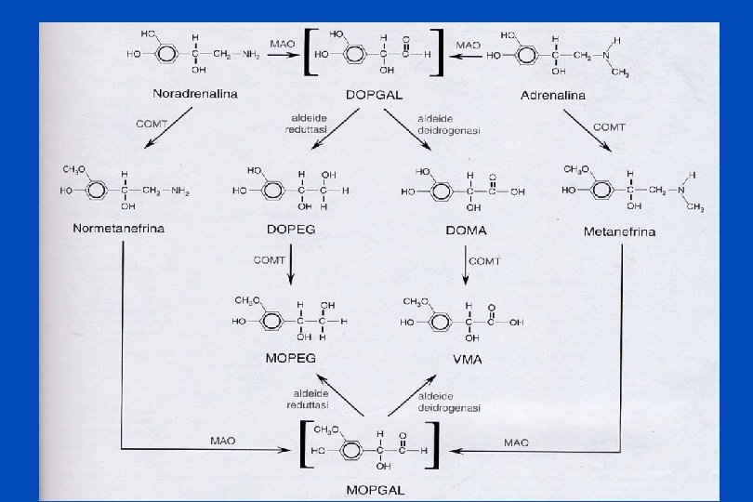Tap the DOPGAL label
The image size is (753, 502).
[x=375, y=95]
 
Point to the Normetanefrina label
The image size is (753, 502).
[x=119, y=230]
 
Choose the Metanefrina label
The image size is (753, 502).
[x=619, y=231]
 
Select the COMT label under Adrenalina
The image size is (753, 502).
[x=609, y=125]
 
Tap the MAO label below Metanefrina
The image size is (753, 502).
[x=516, y=443]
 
